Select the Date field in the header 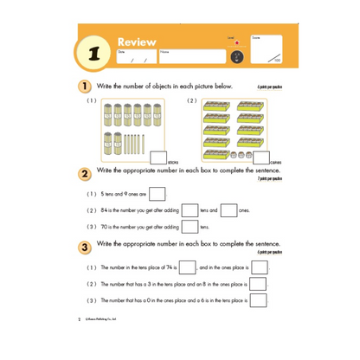coord(135,57)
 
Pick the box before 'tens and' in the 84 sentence coord(188,210)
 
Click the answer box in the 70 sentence coord(188,228)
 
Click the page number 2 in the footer coord(79,318)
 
